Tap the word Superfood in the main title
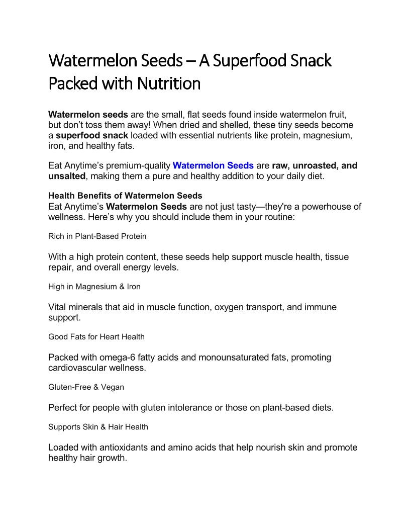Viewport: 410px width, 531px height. [249, 61]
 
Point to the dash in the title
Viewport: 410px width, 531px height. [191, 61]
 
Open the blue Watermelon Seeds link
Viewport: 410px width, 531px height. [213, 165]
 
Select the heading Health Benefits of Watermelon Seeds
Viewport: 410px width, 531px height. [125, 196]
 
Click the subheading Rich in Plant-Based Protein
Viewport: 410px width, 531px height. [97, 236]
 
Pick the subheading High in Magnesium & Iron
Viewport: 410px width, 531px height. [94, 287]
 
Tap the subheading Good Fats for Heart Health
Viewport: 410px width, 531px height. [96, 337]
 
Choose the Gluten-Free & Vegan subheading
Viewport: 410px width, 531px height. [86, 387]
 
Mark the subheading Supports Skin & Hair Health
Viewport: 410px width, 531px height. [98, 427]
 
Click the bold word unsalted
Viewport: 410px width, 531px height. [67, 176]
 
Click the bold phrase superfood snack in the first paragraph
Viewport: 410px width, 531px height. [92, 135]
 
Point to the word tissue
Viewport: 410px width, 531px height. [337, 257]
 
